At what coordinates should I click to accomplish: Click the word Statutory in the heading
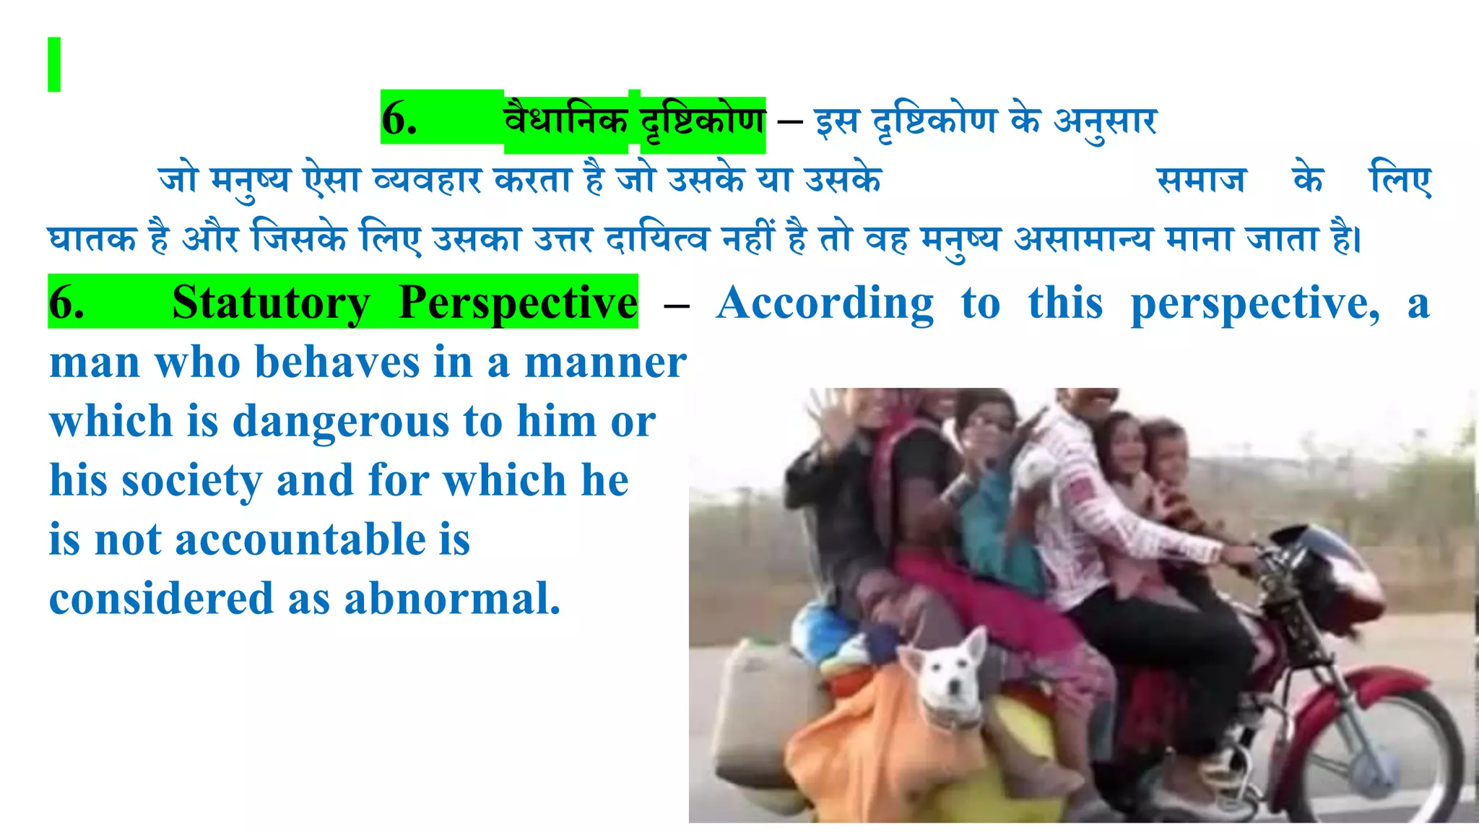[271, 303]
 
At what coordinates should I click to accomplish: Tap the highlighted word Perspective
[517, 303]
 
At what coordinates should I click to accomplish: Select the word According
[825, 303]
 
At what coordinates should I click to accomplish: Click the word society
[191, 481]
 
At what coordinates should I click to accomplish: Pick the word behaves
[337, 363]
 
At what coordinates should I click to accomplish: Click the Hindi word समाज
[1201, 180]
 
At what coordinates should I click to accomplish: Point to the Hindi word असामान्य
[1083, 239]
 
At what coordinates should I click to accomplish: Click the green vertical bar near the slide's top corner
[54, 64]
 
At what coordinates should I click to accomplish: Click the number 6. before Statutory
[66, 303]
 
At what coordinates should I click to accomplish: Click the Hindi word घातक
[92, 239]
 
